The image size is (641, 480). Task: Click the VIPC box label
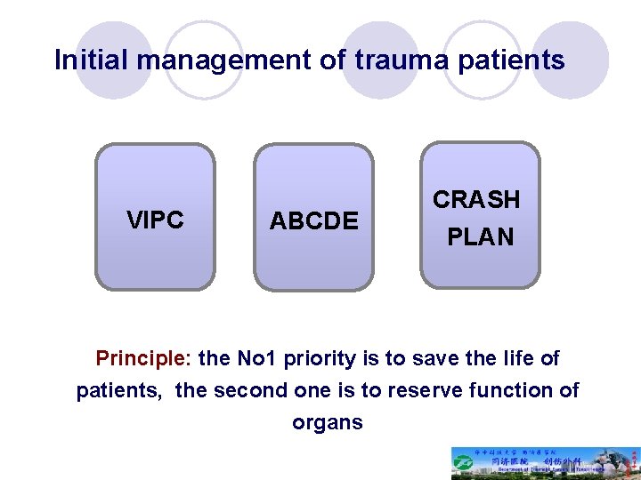(155, 220)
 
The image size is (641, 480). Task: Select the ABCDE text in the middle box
(313, 220)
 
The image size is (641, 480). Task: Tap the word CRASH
(476, 200)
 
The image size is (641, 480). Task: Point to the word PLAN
(480, 237)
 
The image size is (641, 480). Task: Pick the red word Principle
(142, 359)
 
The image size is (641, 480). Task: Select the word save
(416, 359)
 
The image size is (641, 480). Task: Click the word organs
(328, 422)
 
